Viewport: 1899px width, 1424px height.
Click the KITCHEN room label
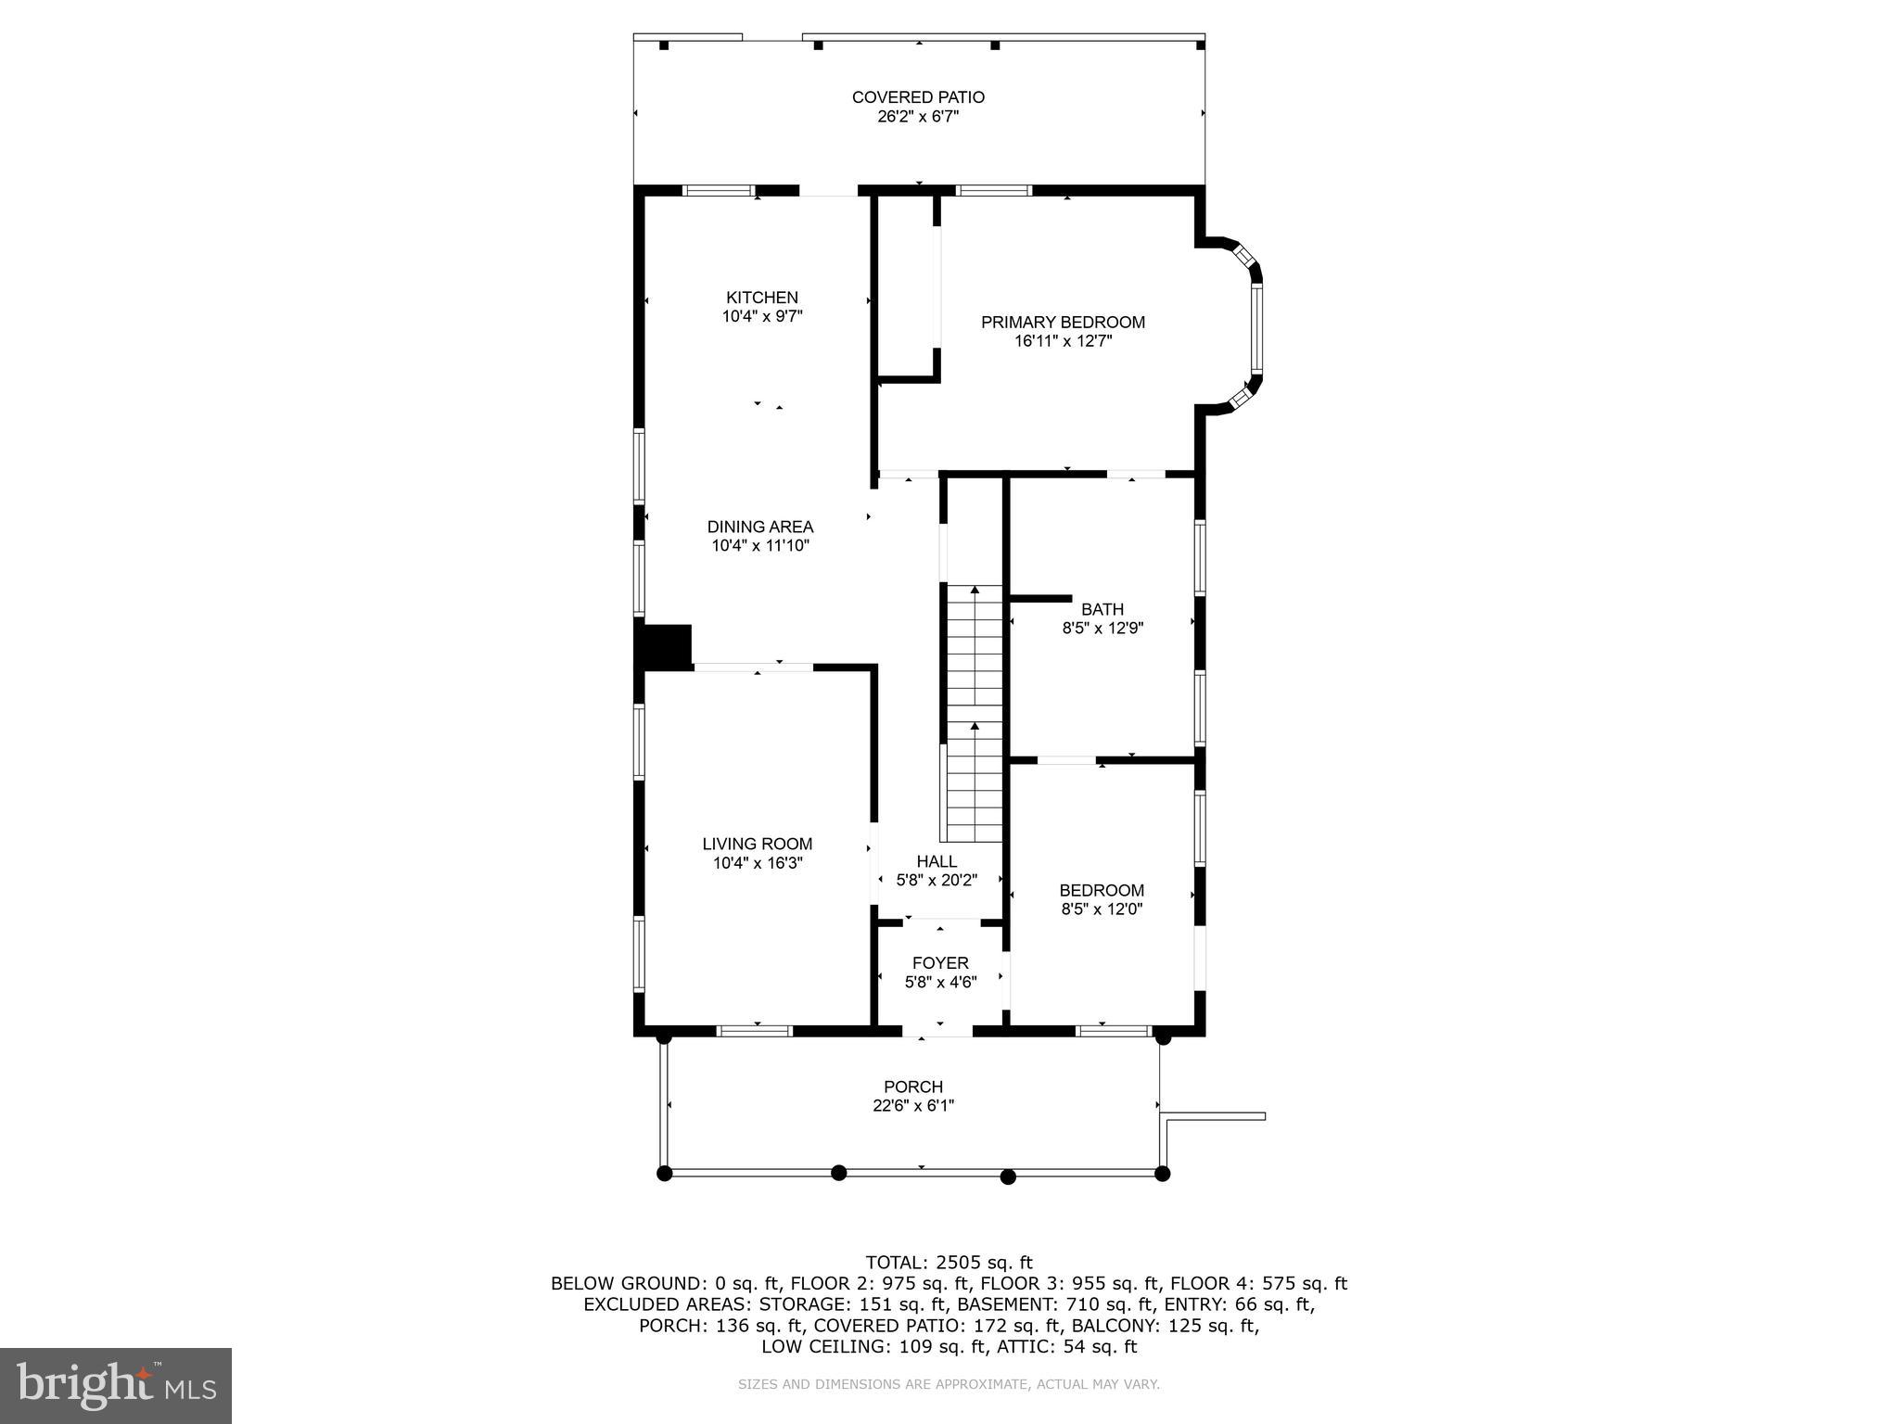point(761,298)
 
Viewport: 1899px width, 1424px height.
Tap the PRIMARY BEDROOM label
point(1063,323)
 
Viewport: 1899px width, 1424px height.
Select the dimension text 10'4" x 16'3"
point(757,863)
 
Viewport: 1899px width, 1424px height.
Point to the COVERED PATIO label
point(918,97)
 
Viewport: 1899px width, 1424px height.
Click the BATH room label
point(1102,609)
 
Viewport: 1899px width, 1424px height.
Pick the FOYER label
point(940,963)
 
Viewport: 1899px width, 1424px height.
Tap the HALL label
point(937,861)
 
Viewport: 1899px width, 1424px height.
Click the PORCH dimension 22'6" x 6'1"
point(913,1106)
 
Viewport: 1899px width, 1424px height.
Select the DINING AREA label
point(760,527)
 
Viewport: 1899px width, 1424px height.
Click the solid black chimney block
point(667,646)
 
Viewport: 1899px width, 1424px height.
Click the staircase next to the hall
point(974,714)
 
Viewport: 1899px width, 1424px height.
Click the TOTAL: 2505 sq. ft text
point(949,1262)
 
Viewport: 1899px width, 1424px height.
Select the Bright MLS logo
point(116,1385)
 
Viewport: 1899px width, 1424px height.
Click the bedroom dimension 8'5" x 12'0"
point(1102,909)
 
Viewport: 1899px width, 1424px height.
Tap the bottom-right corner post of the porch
point(1163,1174)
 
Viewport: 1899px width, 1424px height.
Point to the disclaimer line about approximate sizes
point(949,1384)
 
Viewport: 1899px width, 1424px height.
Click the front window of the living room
point(755,1030)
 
